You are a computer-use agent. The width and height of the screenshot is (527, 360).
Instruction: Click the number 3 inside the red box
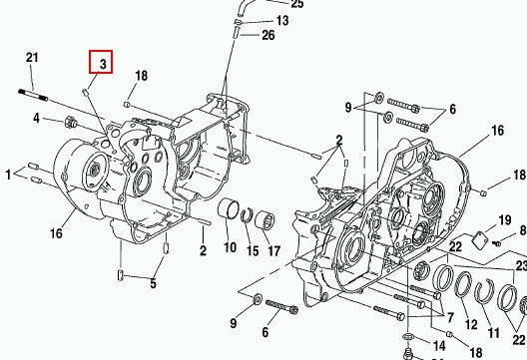point(103,64)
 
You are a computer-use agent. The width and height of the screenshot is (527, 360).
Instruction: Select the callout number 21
point(32,58)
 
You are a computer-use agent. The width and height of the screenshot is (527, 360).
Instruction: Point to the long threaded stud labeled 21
point(33,95)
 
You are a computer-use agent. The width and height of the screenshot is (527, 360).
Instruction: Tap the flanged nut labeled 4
point(71,123)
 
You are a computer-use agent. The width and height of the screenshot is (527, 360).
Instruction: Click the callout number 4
point(36,118)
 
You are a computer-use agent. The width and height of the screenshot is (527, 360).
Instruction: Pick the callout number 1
point(8,175)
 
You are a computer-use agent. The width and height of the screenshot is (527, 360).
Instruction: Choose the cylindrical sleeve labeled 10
point(229,207)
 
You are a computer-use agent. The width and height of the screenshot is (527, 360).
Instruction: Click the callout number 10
point(231,247)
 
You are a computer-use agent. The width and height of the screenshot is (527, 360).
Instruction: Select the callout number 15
point(253,251)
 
